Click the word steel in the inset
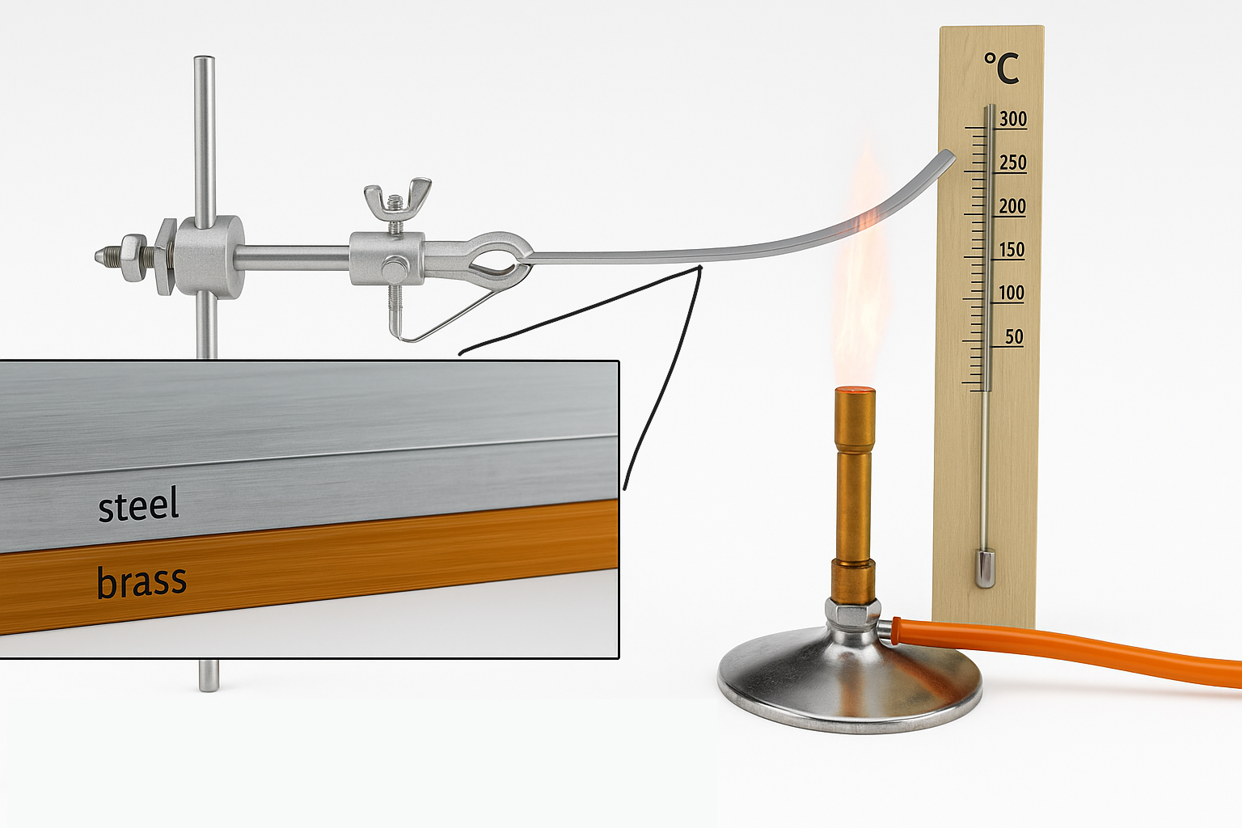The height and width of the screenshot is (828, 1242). click(138, 504)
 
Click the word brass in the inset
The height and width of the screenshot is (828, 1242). click(142, 581)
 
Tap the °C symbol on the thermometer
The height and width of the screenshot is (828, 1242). click(1001, 68)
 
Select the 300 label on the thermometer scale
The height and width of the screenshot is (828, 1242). click(1013, 119)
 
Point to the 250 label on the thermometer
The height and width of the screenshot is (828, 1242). click(1013, 163)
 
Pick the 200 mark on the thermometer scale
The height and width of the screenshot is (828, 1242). click(1012, 206)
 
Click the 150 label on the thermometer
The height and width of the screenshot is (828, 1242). click(1012, 250)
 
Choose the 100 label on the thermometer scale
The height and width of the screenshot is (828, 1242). click(1012, 293)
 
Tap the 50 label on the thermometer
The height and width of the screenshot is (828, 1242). click(1014, 336)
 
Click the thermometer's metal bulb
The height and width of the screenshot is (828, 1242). click(985, 568)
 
